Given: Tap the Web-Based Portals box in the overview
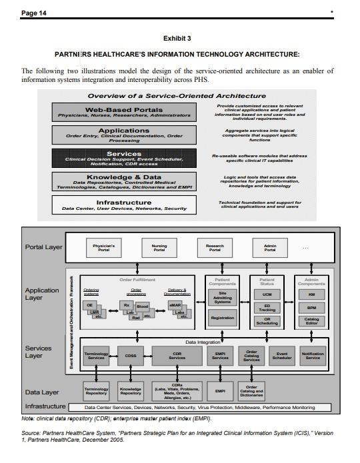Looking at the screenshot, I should coord(130,113).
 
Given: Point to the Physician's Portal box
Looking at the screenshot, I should coord(103,248).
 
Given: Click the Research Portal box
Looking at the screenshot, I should coord(215,248).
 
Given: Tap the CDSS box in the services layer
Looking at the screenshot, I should coord(130,356).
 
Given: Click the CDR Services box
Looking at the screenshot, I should coord(177,356).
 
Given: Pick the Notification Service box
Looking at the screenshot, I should coord(312,356).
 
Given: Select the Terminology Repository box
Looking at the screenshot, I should coord(96,390).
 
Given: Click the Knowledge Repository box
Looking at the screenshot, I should coord(130,390).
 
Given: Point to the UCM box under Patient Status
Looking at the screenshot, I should coord(267,294).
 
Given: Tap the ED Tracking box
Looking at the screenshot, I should coord(267,307).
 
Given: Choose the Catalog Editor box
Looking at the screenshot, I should coord(311,321).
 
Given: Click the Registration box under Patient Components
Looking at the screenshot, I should coord(222,318).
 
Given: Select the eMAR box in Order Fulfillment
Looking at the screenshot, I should coord(175,304).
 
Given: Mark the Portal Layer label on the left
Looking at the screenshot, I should coord(43,247).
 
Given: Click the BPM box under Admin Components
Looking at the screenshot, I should coord(311,308).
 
